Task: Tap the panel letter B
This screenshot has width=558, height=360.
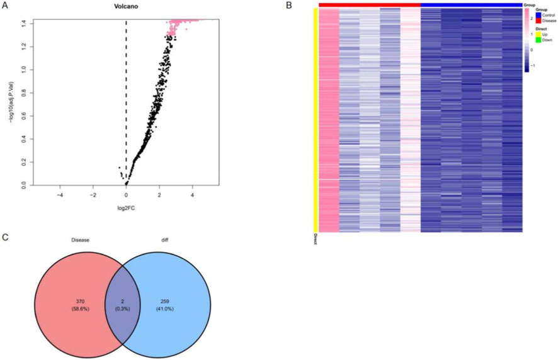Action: point(288,6)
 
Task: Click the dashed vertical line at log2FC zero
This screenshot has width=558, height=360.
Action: point(126,94)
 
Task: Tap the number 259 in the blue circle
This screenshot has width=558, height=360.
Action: point(166,303)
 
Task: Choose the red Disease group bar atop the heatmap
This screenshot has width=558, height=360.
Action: point(369,5)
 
